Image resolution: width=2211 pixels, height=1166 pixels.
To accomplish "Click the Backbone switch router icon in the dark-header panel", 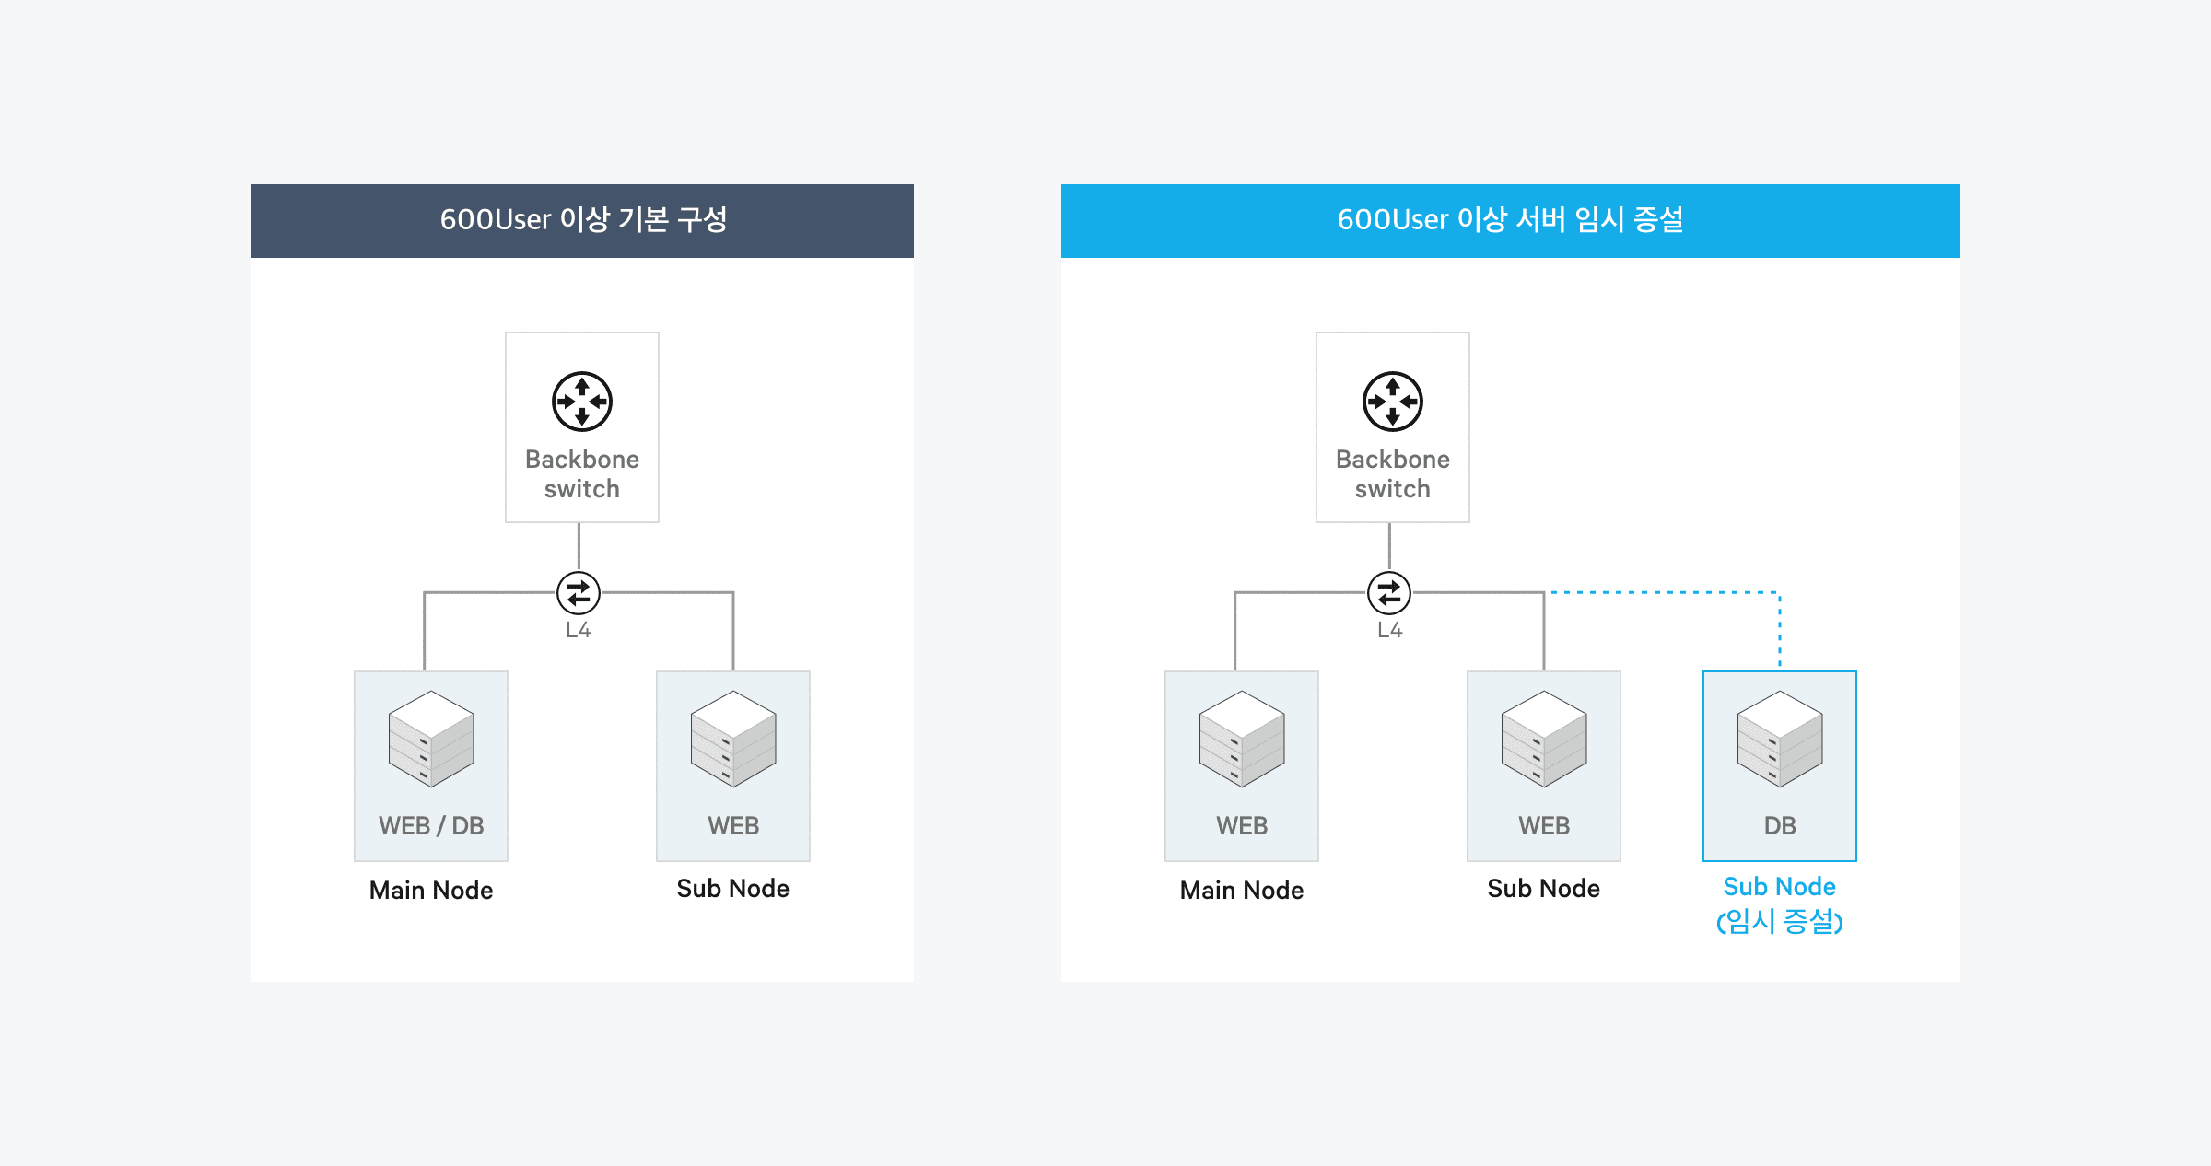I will [x=581, y=402].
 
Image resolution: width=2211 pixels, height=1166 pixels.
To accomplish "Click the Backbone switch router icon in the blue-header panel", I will [x=1392, y=402].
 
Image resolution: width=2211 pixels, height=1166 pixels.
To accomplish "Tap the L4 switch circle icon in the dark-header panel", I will [x=579, y=593].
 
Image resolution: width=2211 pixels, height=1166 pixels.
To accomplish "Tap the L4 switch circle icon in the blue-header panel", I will [x=1389, y=593].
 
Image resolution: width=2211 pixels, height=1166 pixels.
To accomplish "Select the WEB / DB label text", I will [x=431, y=825].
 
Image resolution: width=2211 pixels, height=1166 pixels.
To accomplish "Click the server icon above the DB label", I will [x=1779, y=739].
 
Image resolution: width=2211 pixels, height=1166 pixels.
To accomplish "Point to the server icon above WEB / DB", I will [x=431, y=739].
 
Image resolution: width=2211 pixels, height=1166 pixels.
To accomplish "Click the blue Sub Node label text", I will [x=1779, y=886].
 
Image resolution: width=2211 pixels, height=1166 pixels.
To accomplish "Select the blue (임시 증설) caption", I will [x=1779, y=921].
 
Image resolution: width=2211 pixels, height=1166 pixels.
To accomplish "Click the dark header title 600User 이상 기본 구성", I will [x=583, y=220].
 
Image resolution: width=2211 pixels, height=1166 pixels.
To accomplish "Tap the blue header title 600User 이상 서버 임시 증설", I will [x=1510, y=220].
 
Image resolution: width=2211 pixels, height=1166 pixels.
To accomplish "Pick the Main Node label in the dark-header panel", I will [x=431, y=890].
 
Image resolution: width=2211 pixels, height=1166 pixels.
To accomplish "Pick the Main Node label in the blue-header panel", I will [x=1242, y=890].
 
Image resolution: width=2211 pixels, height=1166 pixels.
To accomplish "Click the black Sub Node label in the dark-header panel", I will [x=732, y=888].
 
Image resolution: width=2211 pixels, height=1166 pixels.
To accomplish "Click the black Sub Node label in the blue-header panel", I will [x=1543, y=888].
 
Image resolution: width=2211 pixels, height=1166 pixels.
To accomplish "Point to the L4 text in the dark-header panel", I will [x=579, y=630].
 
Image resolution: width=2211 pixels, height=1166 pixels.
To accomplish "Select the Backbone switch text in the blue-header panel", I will [x=1392, y=473].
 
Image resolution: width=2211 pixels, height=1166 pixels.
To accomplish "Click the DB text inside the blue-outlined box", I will [x=1779, y=825].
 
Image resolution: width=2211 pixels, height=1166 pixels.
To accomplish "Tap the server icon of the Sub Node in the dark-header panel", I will [x=733, y=739].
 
